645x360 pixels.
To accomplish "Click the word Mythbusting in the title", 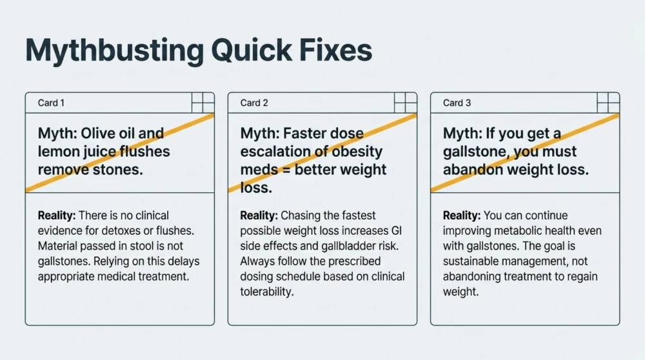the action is (114, 51).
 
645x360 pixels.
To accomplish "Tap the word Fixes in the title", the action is (335, 50).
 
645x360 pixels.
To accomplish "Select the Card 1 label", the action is (51, 103).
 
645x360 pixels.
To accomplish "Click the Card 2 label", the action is (253, 103).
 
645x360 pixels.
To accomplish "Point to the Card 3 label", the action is (457, 103).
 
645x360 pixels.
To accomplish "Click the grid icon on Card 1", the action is (203, 103).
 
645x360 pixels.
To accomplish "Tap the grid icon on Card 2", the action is (405, 103).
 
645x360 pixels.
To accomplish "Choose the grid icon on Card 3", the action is (608, 103).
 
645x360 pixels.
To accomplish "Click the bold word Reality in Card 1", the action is (57, 215).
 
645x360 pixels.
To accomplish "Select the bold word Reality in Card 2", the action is (259, 215).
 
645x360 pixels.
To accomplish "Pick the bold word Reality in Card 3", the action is (462, 215).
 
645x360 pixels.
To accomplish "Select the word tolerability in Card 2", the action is (267, 292).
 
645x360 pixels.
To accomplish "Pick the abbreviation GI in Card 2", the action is (397, 231).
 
